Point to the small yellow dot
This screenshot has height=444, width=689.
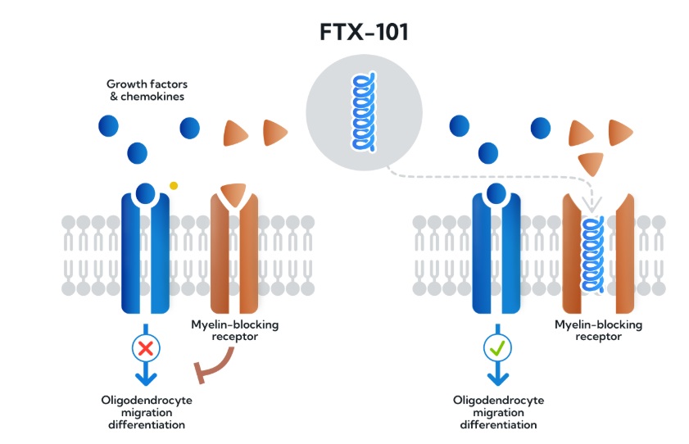pos(174,186)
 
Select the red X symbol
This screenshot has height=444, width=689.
pos(146,348)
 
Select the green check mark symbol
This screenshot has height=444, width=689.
pos(497,348)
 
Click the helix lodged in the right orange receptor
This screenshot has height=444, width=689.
pos(592,254)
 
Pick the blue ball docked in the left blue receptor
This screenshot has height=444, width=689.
pos(146,193)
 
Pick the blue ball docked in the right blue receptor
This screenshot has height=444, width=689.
pos(497,193)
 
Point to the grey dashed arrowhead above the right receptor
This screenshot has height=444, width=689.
pos(591,204)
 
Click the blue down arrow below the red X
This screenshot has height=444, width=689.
pos(146,377)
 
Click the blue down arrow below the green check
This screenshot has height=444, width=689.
pos(497,377)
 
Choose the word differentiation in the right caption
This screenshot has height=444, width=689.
pos(498,424)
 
